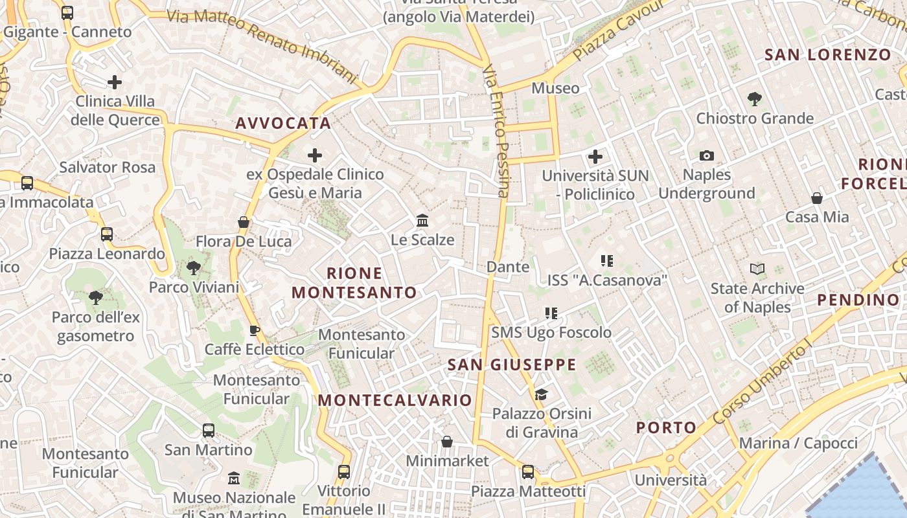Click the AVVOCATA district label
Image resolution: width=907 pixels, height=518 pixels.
283,123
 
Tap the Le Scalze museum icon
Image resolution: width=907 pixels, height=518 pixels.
423,221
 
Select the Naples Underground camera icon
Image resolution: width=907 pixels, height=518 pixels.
707,155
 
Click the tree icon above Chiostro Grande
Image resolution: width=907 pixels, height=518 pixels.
754,99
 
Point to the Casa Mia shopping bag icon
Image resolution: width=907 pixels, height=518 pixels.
817,197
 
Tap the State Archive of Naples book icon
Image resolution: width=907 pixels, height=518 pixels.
757,269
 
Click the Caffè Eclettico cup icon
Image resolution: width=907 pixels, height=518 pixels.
255,331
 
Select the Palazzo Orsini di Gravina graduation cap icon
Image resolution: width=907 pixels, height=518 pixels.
541,394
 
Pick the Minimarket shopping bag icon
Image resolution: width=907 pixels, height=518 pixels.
447,442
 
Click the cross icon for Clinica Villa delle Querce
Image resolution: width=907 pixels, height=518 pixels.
115,82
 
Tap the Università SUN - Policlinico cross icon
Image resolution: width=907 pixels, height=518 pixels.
595,156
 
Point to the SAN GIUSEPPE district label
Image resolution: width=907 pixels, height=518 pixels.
512,365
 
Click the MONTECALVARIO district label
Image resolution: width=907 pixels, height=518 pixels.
395,400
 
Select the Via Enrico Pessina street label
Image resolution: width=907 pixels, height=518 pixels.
496,129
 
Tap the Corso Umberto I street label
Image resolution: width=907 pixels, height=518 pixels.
762,385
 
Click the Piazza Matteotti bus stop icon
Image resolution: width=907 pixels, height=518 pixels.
528,472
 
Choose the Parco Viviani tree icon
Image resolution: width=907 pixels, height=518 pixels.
193,267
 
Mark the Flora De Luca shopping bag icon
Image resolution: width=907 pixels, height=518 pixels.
244,222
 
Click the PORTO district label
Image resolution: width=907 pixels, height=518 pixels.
666,427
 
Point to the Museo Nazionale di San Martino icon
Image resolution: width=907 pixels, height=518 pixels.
234,479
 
